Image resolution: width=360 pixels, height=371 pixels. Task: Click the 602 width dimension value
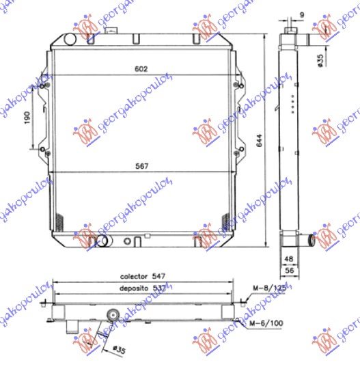[x=141, y=68]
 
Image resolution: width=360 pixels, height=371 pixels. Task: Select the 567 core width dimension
[x=142, y=166]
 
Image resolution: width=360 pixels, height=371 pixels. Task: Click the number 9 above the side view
[x=301, y=14]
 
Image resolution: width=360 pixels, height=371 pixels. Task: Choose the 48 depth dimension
[x=288, y=260]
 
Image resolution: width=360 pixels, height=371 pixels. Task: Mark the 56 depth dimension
[x=288, y=271]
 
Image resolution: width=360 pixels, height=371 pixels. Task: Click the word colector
[x=134, y=277]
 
